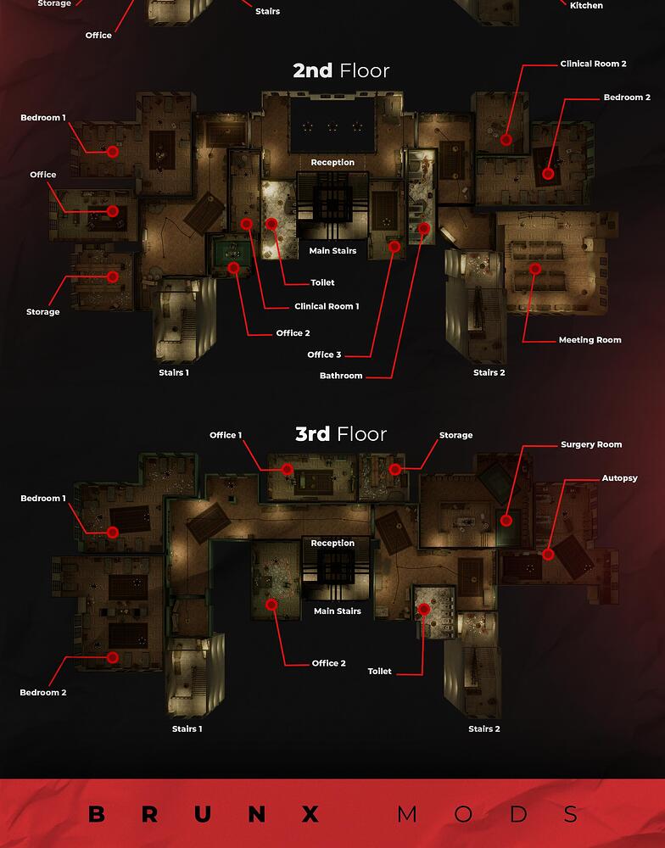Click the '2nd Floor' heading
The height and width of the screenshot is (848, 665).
[341, 71]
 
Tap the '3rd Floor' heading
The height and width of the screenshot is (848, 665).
[341, 434]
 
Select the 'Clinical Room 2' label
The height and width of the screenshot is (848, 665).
[593, 64]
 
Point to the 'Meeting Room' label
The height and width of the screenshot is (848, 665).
[590, 340]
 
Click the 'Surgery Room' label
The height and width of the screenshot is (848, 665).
[591, 444]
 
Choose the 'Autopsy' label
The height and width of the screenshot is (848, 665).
[619, 478]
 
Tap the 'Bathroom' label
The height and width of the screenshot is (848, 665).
[341, 376]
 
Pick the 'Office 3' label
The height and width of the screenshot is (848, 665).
[324, 354]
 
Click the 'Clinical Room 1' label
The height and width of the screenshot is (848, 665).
[327, 307]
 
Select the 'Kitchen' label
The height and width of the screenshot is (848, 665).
[586, 5]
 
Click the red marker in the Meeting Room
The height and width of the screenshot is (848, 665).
[535, 269]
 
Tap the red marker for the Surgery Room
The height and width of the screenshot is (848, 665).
[506, 521]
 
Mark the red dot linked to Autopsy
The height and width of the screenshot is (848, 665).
[548, 555]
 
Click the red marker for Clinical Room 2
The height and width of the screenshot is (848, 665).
[506, 140]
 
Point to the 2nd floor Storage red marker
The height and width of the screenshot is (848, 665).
[113, 277]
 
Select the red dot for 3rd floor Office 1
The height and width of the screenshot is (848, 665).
[288, 470]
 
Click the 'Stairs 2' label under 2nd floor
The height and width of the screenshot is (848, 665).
[489, 372]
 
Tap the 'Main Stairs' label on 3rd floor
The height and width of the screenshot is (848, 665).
[337, 611]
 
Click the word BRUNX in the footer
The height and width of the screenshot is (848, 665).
[204, 814]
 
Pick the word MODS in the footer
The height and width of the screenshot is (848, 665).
[488, 814]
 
